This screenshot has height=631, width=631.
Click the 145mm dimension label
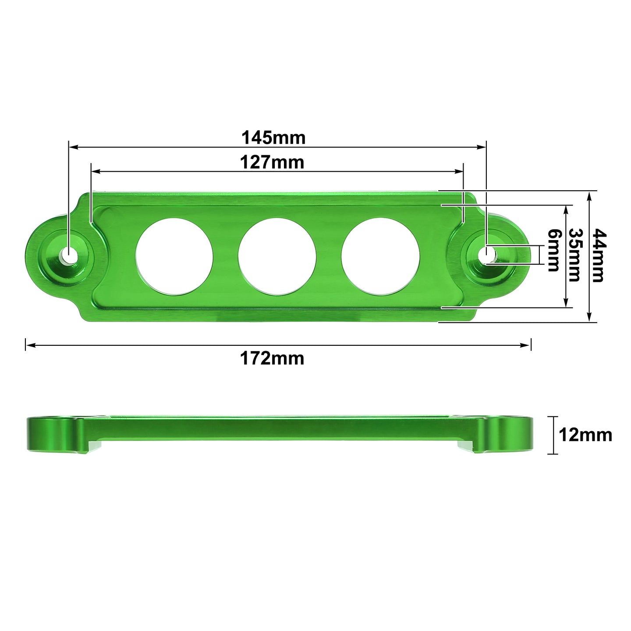273,138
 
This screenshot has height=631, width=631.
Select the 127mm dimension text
272,163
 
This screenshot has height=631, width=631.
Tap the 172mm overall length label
272,358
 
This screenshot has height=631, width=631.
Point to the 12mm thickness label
585,435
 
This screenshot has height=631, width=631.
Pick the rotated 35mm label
574,255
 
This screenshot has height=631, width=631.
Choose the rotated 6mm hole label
554,250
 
